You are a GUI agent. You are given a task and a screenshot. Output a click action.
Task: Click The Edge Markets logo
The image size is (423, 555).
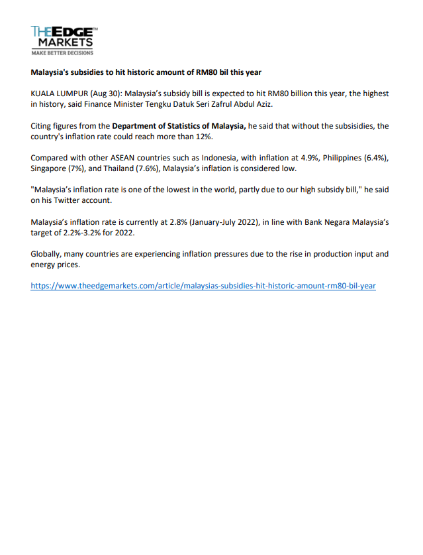pos(63,37)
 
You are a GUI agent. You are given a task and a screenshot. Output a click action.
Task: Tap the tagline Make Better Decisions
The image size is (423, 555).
pos(62,52)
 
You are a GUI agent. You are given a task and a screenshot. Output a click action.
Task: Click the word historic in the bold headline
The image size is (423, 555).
pos(158,72)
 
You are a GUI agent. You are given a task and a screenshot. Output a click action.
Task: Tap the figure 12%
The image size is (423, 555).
pos(203,137)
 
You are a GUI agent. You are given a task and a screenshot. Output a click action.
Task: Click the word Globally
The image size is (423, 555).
pos(46,254)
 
